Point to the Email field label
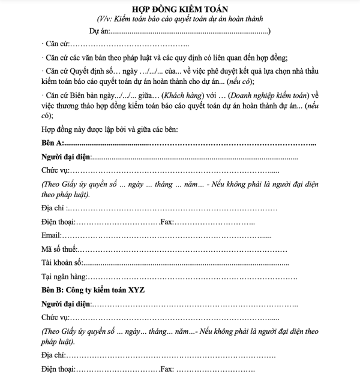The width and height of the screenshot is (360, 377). coord(52,235)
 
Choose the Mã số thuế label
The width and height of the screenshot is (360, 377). coord(59,249)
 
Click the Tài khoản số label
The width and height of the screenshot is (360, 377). coord(61,262)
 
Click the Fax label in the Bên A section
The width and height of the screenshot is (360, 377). coord(167,222)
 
